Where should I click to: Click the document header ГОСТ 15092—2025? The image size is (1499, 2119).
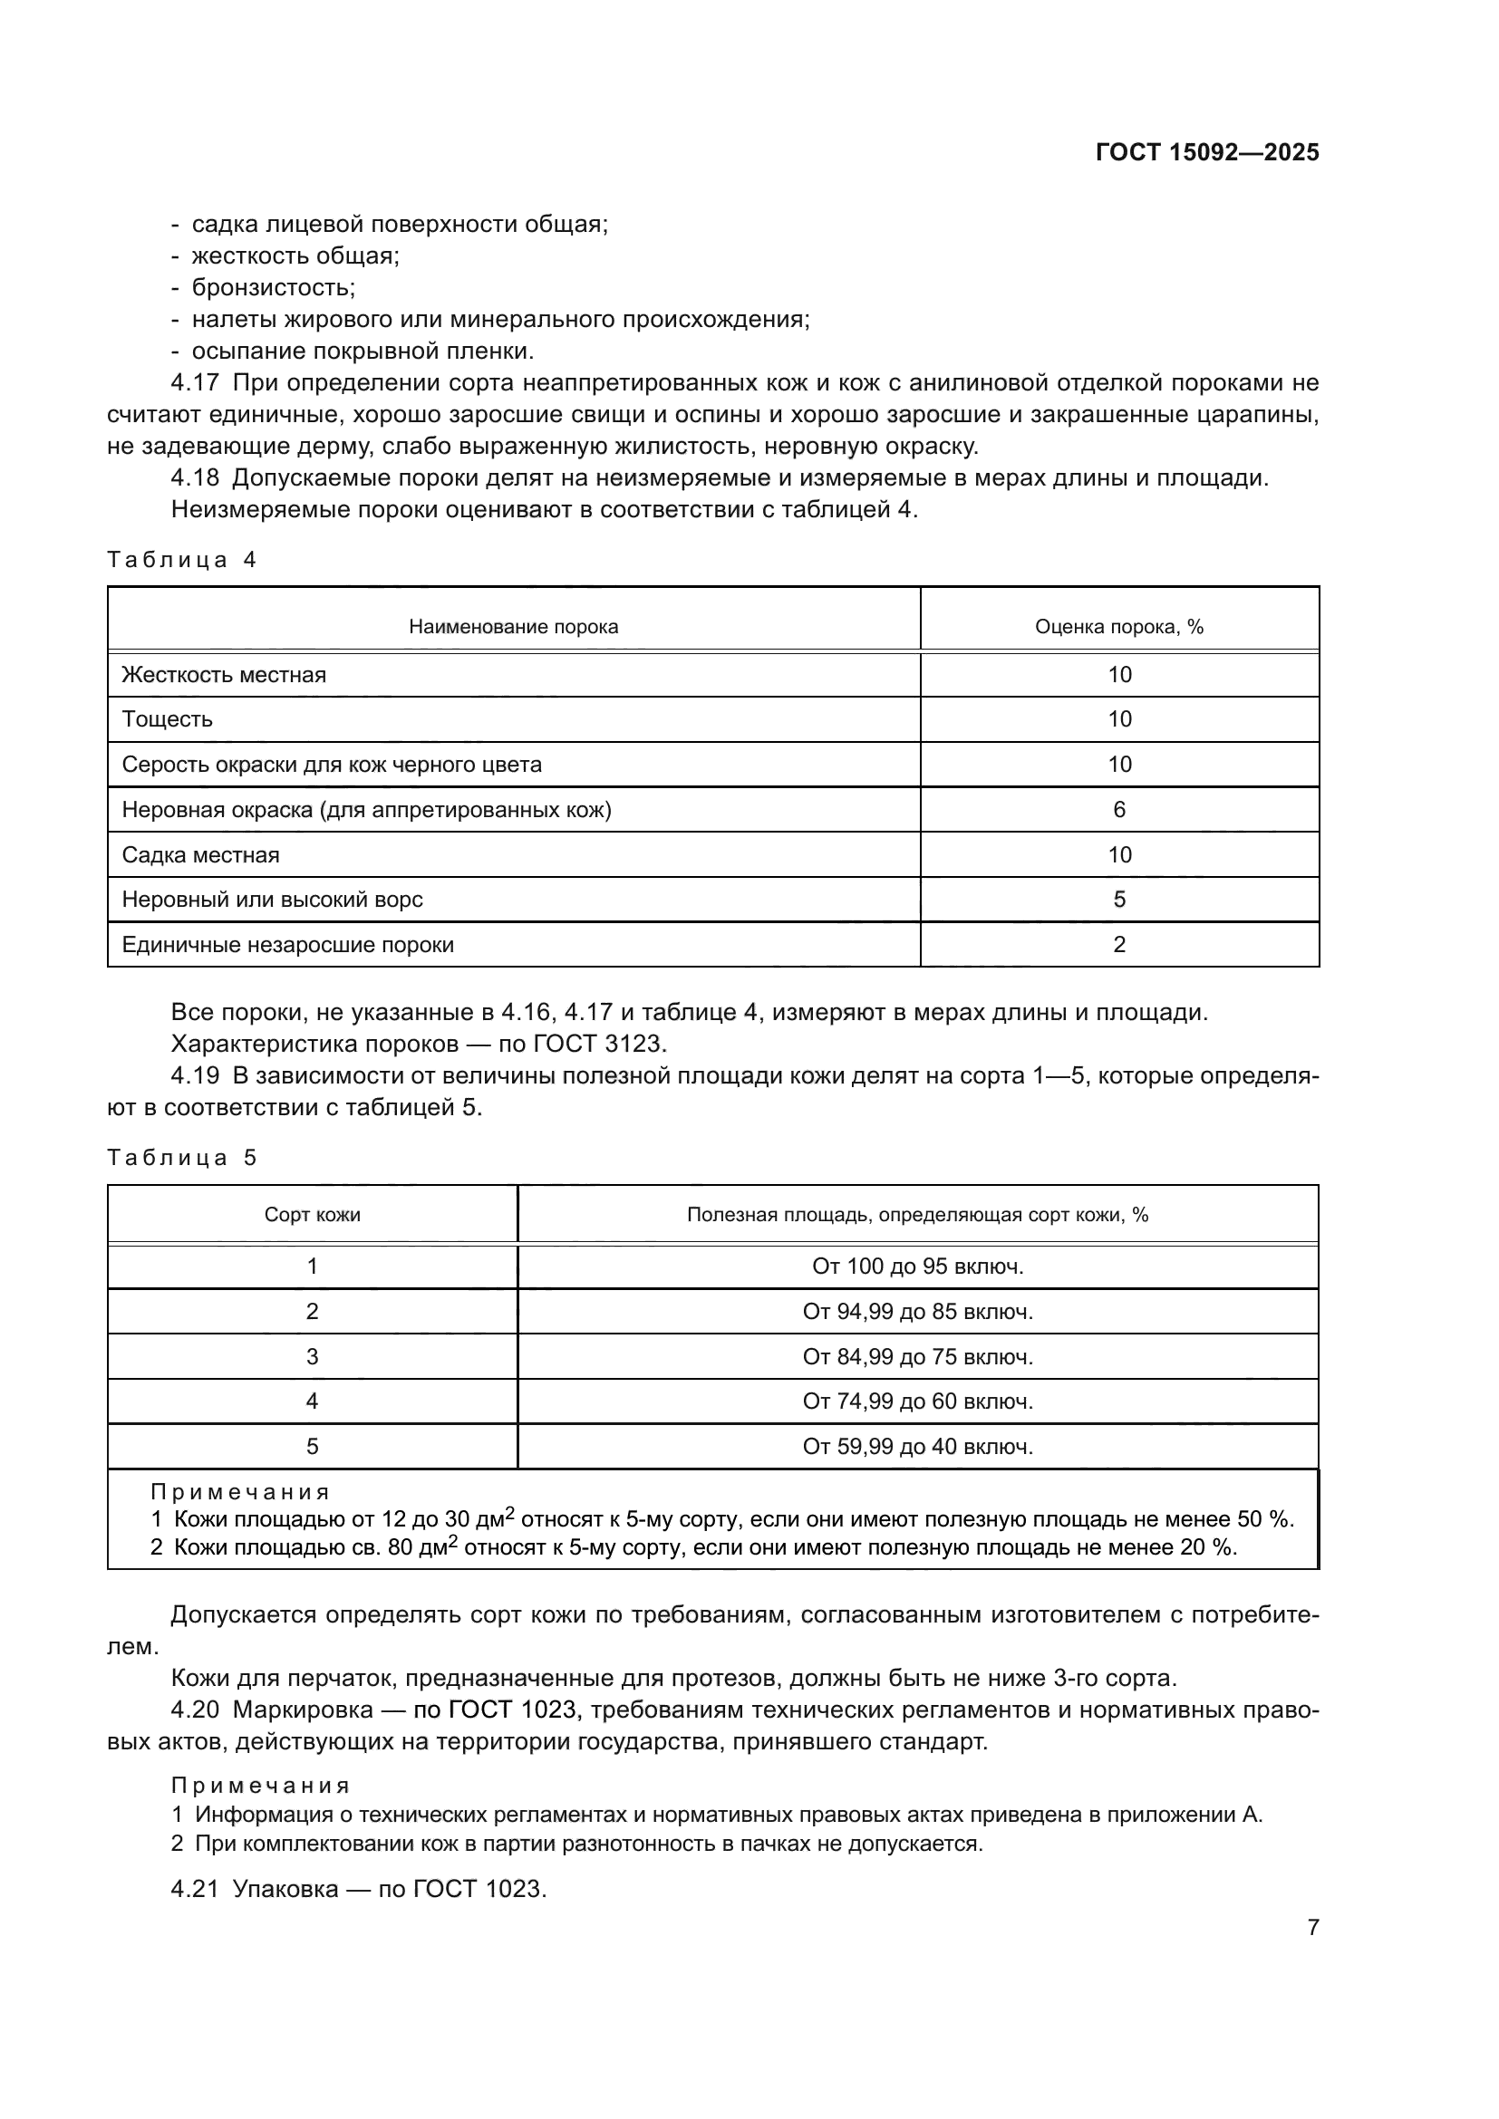pos(1206,153)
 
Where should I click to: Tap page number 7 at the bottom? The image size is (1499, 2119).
pos(1312,1928)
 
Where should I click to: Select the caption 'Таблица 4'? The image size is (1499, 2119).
pos(182,560)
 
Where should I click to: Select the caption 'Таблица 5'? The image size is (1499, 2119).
pos(182,1159)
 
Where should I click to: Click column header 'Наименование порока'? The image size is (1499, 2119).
pos(513,628)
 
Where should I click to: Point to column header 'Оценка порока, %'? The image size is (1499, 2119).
pos(1118,628)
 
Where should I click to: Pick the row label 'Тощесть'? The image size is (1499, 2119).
pos(167,720)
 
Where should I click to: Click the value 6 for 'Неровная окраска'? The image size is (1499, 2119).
pos(1118,810)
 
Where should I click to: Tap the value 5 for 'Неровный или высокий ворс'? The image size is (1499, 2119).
pos(1118,900)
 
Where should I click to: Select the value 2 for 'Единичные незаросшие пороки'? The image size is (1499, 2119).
pos(1118,945)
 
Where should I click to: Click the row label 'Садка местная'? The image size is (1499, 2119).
pos(200,855)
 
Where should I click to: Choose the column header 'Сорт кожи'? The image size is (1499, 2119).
pos(312,1216)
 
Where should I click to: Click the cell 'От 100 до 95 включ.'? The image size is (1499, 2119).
pos(917,1267)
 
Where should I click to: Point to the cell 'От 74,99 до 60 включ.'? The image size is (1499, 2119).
pos(917,1401)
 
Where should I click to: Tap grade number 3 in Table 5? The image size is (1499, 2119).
pos(312,1357)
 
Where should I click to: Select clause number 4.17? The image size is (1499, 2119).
pos(195,383)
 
